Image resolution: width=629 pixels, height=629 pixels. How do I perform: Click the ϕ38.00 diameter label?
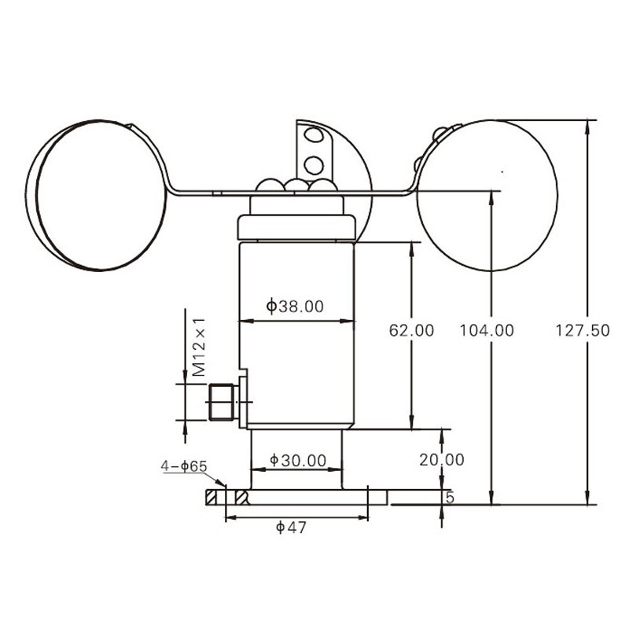pyautogui.click(x=295, y=306)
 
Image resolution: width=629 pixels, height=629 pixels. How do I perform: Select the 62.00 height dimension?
pyautogui.click(x=411, y=330)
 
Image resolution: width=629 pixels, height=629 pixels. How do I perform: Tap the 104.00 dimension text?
pyautogui.click(x=486, y=330)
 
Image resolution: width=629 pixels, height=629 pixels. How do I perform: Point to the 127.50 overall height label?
pyautogui.click(x=583, y=330)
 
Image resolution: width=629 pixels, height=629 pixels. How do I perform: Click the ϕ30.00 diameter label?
pyautogui.click(x=298, y=460)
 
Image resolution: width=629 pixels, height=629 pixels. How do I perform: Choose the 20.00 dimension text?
pyautogui.click(x=442, y=460)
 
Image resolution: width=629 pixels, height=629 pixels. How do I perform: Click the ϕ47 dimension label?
pyautogui.click(x=291, y=527)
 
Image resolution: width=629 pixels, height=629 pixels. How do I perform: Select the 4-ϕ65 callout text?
pyautogui.click(x=184, y=466)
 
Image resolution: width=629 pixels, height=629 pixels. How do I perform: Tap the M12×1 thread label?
pyautogui.click(x=199, y=348)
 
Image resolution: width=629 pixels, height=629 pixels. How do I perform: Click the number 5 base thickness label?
pyautogui.click(x=450, y=498)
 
